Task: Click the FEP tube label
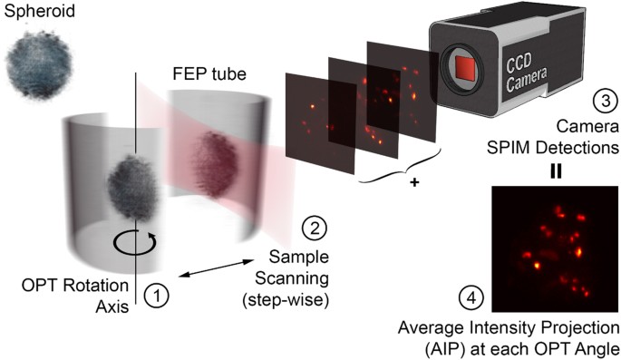coord(204,73)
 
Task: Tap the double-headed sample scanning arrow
coord(215,268)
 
